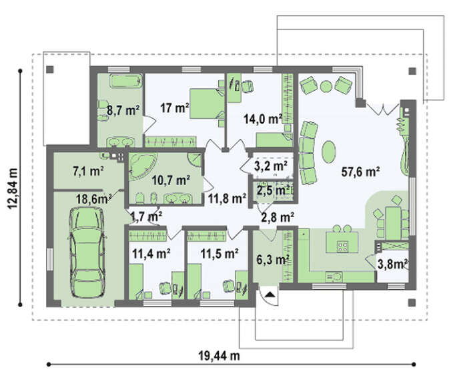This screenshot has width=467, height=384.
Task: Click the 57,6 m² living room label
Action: [360, 172]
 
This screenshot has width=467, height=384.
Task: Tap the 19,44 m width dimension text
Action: [219, 356]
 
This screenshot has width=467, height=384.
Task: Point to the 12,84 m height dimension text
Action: [13, 188]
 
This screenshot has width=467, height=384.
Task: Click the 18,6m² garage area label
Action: [94, 199]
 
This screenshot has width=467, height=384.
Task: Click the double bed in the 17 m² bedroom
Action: [207, 103]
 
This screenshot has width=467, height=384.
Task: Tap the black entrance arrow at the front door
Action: [270, 295]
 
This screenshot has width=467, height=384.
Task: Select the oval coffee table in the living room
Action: [329, 152]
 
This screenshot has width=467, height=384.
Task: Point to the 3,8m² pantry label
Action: [392, 264]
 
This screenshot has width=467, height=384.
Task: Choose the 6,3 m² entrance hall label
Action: [271, 259]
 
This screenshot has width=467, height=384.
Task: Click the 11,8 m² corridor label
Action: [227, 198]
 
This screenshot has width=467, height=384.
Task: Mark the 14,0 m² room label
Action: [263, 120]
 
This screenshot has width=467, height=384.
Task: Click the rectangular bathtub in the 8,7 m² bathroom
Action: [125, 81]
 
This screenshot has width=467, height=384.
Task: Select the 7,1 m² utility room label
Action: [88, 171]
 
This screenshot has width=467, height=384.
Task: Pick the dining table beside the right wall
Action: [393, 222]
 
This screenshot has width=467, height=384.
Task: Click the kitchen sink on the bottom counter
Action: [334, 276]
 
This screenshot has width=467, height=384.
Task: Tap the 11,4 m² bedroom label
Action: [151, 254]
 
